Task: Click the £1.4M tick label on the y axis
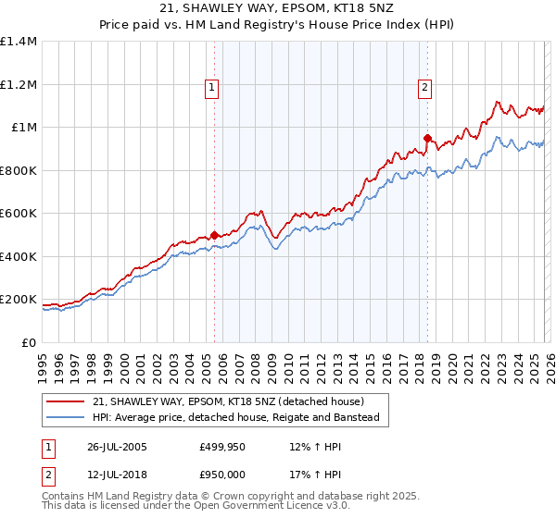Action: [x=19, y=42]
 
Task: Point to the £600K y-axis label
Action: [x=19, y=214]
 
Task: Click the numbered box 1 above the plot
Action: [x=213, y=88]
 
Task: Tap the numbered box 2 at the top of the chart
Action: [x=425, y=88]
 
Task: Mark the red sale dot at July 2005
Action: [x=215, y=235]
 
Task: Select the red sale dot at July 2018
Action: [x=427, y=139]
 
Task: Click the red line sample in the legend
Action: [x=66, y=401]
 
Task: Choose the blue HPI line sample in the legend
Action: [x=66, y=418]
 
